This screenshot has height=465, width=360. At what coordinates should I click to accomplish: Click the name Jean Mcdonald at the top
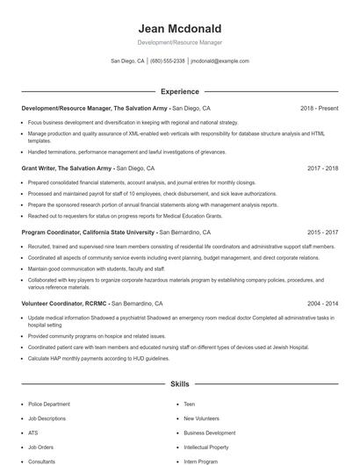click(179, 28)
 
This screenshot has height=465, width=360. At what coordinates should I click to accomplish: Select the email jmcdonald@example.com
click(220, 61)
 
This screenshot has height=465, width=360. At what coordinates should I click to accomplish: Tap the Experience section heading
click(179, 91)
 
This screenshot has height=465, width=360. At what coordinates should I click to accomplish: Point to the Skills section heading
click(179, 384)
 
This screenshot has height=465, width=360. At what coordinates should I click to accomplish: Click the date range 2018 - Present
click(319, 108)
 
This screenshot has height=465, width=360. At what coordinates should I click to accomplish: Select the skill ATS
click(33, 433)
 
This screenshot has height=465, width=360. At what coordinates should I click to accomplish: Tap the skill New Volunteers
click(202, 418)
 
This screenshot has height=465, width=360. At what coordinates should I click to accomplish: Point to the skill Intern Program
click(200, 461)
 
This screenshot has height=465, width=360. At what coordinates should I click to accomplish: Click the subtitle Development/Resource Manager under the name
click(179, 42)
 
